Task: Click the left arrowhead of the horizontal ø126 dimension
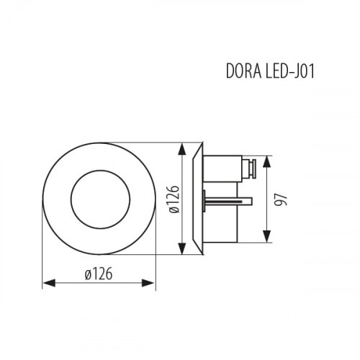(46, 284)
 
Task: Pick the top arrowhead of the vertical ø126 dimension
(180, 147)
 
